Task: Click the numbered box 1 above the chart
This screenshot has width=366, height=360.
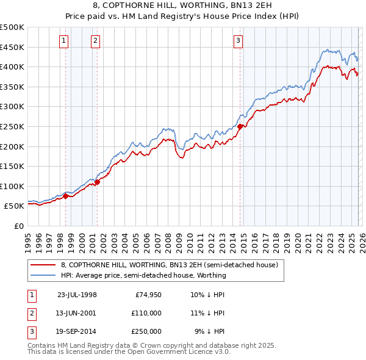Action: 64,41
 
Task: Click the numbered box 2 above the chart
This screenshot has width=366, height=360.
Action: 96,41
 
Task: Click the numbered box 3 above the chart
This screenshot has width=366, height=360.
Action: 238,41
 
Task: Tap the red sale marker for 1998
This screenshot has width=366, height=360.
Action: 66,196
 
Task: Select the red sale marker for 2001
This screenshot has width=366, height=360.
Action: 97,182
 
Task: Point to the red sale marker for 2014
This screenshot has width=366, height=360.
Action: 240,126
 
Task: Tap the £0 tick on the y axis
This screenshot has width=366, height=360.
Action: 18,226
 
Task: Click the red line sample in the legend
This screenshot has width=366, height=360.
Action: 43,265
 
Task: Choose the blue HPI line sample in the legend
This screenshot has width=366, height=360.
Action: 43,275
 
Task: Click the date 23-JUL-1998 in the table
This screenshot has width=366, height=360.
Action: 77,294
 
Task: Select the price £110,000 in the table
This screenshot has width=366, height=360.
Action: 146,313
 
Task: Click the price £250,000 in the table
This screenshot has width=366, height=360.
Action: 146,332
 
